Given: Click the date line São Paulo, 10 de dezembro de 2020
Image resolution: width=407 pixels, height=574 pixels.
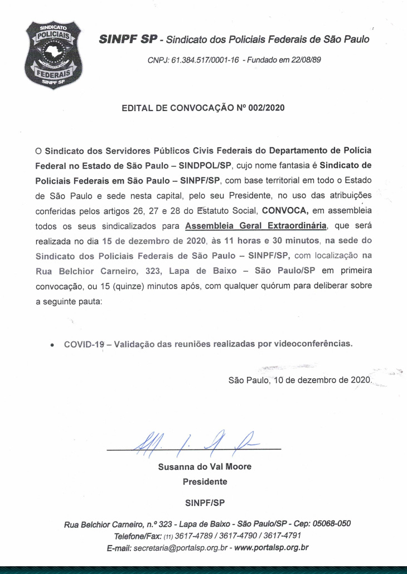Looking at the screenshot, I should coord(299,380).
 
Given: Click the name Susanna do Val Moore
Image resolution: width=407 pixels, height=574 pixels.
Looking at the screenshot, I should coord(205,467).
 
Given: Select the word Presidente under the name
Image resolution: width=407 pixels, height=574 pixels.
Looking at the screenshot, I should coord(205,481).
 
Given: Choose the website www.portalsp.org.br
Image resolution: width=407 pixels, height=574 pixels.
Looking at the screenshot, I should coord(272,548).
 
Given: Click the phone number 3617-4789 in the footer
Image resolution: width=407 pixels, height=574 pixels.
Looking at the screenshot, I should coord(196,536).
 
